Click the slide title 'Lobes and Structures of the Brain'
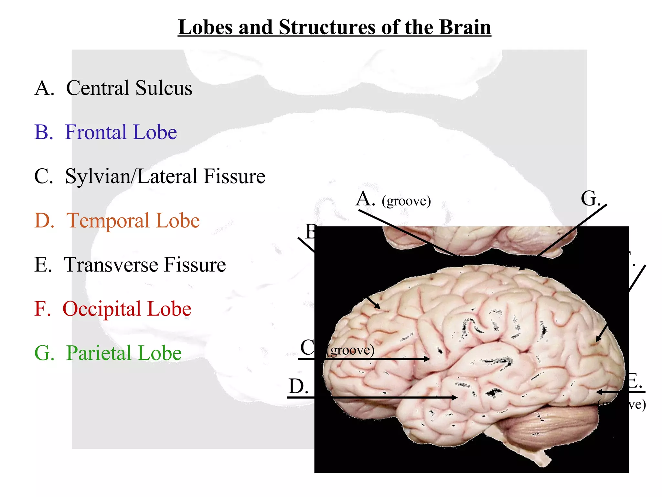click(x=334, y=27)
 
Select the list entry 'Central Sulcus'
click(x=129, y=88)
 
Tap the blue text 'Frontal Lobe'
click(x=121, y=132)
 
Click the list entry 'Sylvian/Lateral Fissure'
click(x=165, y=177)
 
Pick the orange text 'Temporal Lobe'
click(x=133, y=221)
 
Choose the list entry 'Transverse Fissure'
click(x=145, y=265)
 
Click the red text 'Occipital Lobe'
click(x=127, y=309)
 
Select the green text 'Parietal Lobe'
click(x=124, y=353)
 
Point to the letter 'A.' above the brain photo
click(x=365, y=199)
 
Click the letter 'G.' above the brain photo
click(x=590, y=199)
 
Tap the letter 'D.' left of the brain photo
click(x=298, y=386)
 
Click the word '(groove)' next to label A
click(x=406, y=201)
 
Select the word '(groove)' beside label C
click(x=351, y=350)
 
